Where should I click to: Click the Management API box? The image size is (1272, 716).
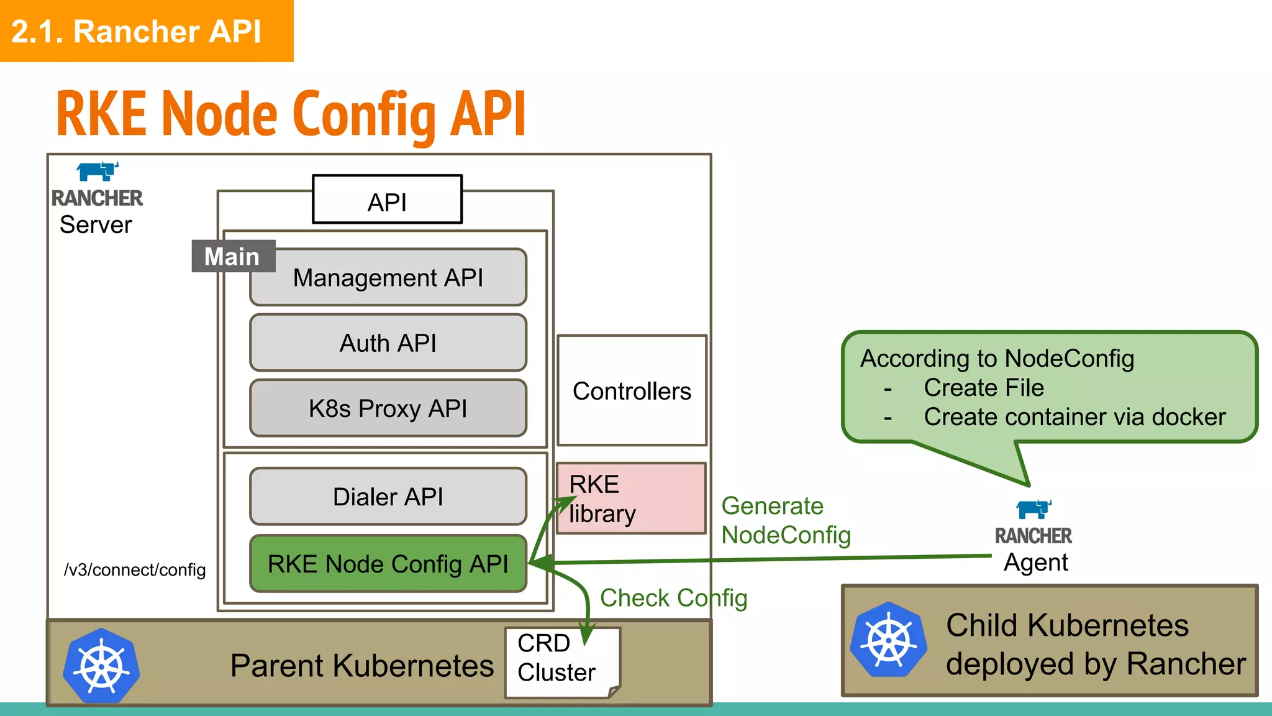(388, 278)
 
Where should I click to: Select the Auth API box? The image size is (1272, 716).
(388, 343)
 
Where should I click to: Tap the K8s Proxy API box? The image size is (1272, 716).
(388, 408)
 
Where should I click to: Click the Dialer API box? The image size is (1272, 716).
(388, 497)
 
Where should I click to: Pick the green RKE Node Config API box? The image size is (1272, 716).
(388, 564)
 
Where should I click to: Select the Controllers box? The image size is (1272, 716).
(632, 391)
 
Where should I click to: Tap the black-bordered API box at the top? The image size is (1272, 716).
(387, 200)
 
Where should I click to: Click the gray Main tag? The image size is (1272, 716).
(233, 256)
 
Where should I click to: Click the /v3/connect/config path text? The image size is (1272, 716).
(135, 569)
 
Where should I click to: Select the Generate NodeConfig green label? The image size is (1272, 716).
(785, 521)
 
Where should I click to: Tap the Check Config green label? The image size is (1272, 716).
(673, 598)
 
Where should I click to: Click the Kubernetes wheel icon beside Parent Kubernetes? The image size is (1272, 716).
(101, 666)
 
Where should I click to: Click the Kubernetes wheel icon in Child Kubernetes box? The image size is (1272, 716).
(889, 640)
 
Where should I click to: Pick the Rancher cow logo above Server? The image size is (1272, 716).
(98, 171)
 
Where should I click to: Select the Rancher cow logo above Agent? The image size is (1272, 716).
(1033, 509)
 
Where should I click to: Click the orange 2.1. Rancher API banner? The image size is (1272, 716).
(146, 31)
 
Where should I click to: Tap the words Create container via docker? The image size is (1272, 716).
(1074, 416)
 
